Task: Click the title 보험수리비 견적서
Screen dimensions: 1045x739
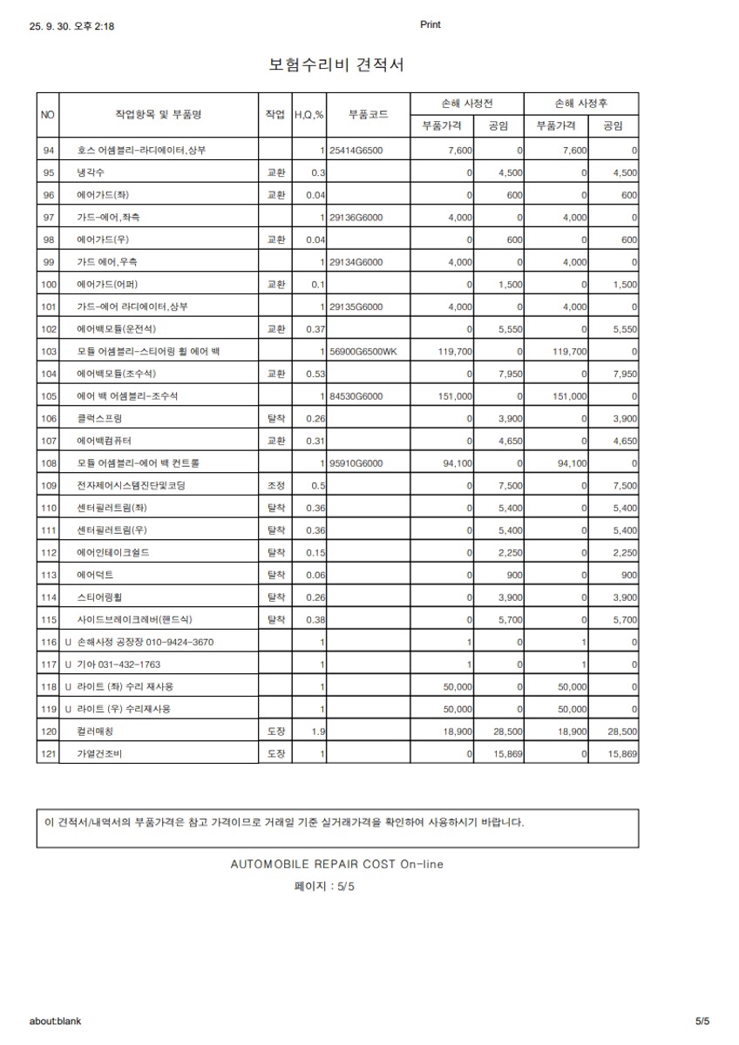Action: [x=336, y=64]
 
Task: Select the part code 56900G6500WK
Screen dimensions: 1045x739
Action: [x=363, y=351]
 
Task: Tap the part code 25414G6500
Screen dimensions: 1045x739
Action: [x=356, y=151]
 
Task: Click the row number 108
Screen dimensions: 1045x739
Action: [x=49, y=462]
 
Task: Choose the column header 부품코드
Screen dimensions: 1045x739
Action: [x=368, y=114]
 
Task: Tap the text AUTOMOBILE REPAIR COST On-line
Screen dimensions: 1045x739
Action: [x=336, y=865]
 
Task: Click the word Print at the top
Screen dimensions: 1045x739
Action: [x=431, y=24]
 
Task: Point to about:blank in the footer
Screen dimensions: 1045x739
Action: [x=55, y=1021]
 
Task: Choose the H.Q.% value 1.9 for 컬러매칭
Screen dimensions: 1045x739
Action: [x=319, y=731]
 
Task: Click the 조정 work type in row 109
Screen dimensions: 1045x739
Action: [x=275, y=485]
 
